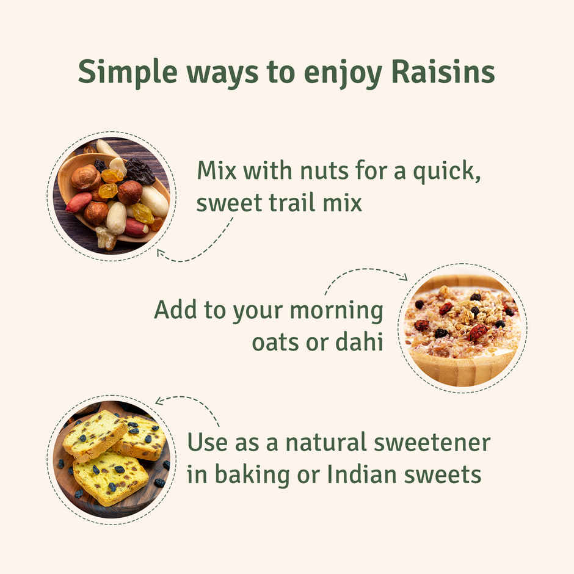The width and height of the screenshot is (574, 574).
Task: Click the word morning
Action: point(336,311)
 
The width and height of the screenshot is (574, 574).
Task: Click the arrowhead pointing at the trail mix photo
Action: point(161,252)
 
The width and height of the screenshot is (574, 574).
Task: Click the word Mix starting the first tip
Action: point(217,172)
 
